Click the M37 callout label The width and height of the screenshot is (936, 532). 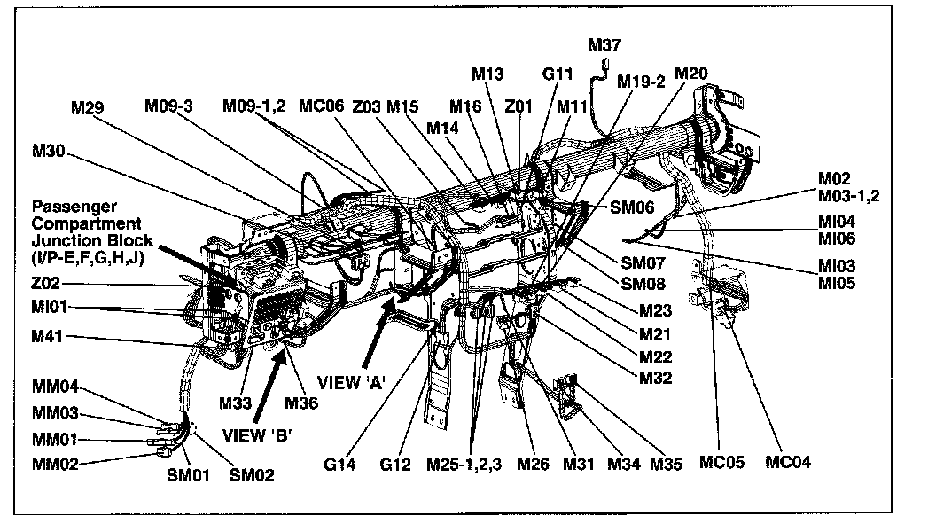click(x=605, y=45)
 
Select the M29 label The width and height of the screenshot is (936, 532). click(x=89, y=108)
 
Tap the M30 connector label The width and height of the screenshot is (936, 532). click(x=50, y=152)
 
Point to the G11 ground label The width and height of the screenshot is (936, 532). click(x=559, y=74)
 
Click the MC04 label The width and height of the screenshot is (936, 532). click(x=789, y=462)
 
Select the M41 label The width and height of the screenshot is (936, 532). click(x=50, y=338)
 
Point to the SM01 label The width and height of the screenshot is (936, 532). click(x=189, y=475)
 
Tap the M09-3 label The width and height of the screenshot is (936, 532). click(x=169, y=106)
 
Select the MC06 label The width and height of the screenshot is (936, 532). click(x=320, y=106)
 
